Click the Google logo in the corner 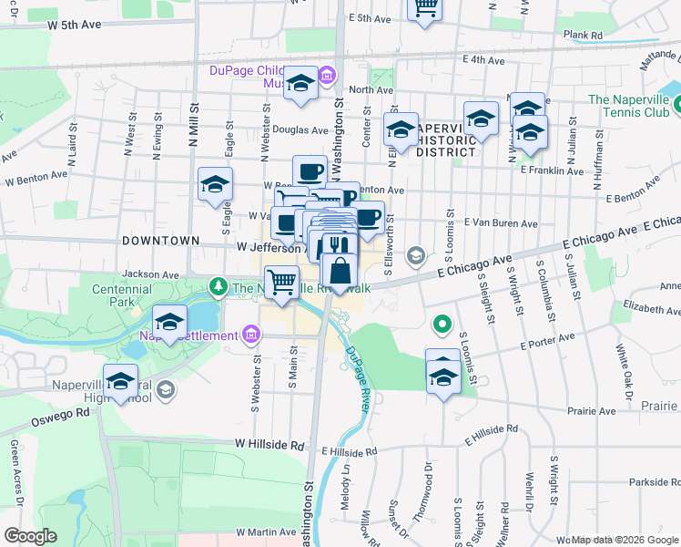tap(31, 536)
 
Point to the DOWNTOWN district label tap(158, 240)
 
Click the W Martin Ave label tap(266, 532)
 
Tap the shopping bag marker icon tap(340, 271)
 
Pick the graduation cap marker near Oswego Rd tap(119, 382)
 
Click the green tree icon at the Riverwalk tap(219, 288)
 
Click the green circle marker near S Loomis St tap(442, 323)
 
